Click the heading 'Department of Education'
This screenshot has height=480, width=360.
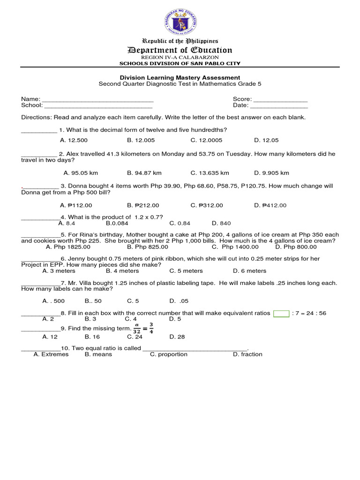click(180, 50)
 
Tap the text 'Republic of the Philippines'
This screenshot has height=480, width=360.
click(180, 41)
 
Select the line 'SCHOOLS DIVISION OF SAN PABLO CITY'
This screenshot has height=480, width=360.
click(180, 63)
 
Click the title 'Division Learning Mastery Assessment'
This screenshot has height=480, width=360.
click(180, 77)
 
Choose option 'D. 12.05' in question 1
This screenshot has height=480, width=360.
click(266, 140)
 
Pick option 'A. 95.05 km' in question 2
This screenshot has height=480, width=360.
click(81, 172)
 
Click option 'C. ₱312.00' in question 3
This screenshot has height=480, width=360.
click(207, 205)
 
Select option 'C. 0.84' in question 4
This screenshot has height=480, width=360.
click(180, 224)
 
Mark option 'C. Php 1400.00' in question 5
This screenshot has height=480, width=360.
click(235, 247)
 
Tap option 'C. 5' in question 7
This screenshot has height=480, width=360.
click(133, 301)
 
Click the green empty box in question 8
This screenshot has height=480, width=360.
click(281, 314)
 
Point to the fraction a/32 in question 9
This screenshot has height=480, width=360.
click(137, 328)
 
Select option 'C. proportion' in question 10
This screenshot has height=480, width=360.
click(168, 354)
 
